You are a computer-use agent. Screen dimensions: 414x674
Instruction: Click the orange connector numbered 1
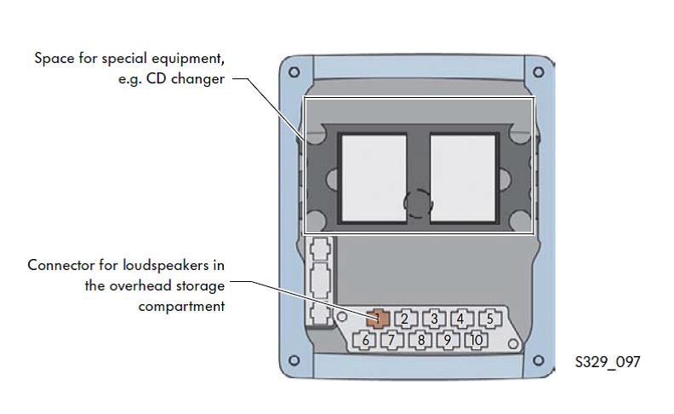coord(379,319)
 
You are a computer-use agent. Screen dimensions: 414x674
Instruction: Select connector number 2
coord(406,319)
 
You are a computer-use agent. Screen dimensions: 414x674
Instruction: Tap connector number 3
coord(434,319)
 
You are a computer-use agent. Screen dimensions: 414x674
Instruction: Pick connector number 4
coord(460,319)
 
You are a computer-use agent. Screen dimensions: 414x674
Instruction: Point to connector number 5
coord(488,319)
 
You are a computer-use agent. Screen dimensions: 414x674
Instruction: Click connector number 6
coord(365,341)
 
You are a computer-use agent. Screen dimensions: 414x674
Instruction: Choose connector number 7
coord(392,341)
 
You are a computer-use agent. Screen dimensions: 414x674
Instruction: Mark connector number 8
coord(420,341)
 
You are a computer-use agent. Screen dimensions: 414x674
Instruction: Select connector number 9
coord(447,341)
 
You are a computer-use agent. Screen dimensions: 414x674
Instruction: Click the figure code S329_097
coord(608,362)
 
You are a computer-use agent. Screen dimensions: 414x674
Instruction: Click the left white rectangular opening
coord(373,178)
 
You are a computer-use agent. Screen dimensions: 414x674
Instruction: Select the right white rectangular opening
coord(464,178)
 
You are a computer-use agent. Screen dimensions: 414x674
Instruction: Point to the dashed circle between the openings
coord(418,204)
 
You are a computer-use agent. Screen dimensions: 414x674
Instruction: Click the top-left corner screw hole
coord(294,72)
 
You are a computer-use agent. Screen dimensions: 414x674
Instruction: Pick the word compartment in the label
coord(181,306)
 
